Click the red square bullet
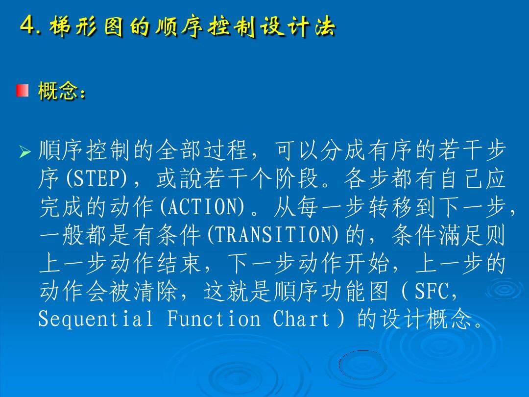[22, 91]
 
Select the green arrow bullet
[24, 152]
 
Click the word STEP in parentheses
[96, 178]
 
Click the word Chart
[301, 319]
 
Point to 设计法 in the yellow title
[298, 26]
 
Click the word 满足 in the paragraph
[461, 235]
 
